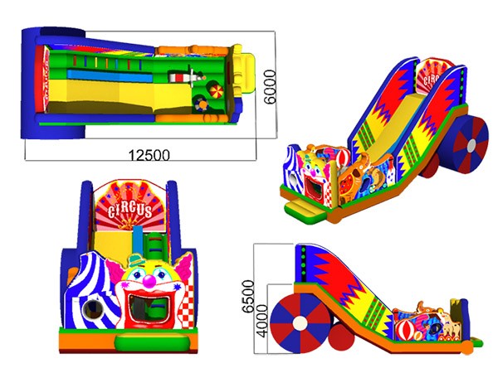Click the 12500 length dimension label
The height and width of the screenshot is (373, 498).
[x=149, y=155]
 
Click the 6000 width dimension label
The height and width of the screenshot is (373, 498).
[x=270, y=87]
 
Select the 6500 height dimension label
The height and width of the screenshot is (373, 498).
[x=248, y=296]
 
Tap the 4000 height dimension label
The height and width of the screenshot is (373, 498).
[x=262, y=321]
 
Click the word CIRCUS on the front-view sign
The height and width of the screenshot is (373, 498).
[x=130, y=210]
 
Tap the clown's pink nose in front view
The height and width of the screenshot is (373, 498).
[x=149, y=281]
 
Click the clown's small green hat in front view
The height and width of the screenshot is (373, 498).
[x=137, y=260]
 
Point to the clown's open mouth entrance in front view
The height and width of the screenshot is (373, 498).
[x=149, y=308]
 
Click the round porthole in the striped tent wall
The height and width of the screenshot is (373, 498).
[x=93, y=309]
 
